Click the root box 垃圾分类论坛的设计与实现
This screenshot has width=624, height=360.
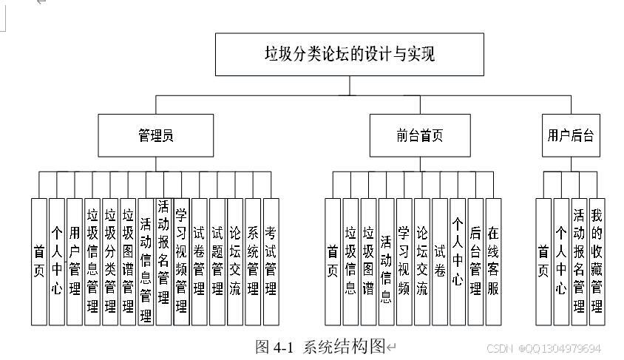click(x=349, y=54)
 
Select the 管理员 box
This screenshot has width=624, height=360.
click(x=155, y=135)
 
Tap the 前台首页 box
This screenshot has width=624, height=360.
click(x=418, y=135)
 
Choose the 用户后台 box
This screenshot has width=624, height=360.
click(x=570, y=135)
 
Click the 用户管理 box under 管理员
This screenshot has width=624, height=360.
click(x=75, y=262)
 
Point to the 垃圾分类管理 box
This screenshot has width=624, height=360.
click(x=110, y=262)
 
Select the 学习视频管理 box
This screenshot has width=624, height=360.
click(x=181, y=262)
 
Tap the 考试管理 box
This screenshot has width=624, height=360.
click(x=271, y=262)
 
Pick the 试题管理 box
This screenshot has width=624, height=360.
click(x=217, y=262)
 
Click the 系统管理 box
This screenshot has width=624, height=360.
click(x=253, y=262)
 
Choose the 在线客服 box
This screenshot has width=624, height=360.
click(x=493, y=262)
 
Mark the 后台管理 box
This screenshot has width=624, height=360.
click(x=475, y=262)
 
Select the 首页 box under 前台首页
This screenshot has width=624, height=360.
click(x=333, y=262)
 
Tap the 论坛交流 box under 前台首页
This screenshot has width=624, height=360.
click(x=422, y=262)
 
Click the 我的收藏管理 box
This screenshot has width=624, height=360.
click(x=597, y=262)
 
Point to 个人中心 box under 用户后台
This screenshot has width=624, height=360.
click(x=561, y=262)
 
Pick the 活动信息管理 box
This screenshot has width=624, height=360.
click(x=146, y=262)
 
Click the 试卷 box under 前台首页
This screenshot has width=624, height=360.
click(x=440, y=262)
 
